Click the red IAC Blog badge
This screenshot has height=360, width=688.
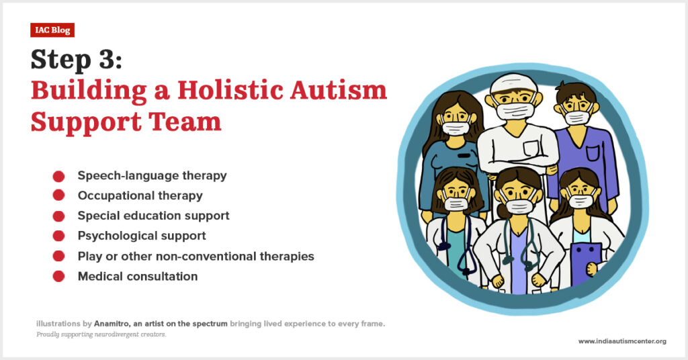coord(52,30)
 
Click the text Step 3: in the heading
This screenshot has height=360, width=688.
coord(77,60)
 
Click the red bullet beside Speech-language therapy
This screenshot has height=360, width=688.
coord(59,176)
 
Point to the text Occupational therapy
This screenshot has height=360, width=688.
coord(140,195)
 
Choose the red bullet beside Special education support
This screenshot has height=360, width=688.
coord(59,216)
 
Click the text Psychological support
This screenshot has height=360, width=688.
coord(142,236)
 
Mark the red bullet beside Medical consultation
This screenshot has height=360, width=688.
coord(59,276)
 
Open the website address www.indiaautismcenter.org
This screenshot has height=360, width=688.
coord(622,341)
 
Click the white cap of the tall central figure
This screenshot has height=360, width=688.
coord(513,83)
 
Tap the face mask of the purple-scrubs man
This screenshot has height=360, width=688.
coord(577,118)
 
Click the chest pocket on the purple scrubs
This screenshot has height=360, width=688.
coord(592,154)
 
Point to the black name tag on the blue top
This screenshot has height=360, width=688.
coord(464,155)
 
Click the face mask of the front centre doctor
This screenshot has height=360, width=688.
coord(519,206)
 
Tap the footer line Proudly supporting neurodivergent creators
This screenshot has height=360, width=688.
coord(101,334)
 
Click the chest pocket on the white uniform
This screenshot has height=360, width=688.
coord(531,148)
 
